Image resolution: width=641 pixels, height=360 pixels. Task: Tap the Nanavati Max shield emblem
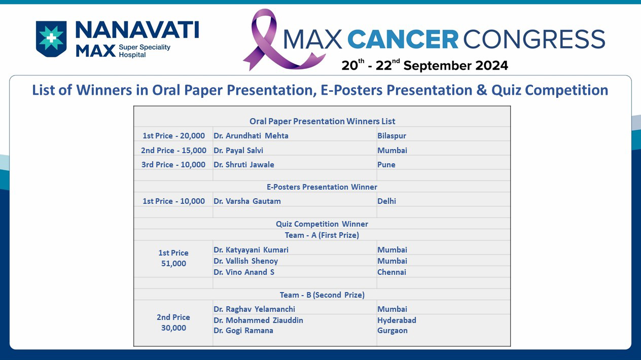(x=51, y=39)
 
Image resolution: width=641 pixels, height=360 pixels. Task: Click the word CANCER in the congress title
(x=403, y=39)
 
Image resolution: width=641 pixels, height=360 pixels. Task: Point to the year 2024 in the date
(x=491, y=65)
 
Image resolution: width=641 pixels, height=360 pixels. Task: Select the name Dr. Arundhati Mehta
(x=251, y=136)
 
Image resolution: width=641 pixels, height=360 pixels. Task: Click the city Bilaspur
(x=392, y=136)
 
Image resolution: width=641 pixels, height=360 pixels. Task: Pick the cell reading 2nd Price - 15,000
(x=174, y=150)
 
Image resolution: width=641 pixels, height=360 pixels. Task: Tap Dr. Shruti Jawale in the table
(x=244, y=165)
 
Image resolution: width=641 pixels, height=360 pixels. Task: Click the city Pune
(x=386, y=165)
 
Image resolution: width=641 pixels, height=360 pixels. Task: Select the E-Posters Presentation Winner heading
(x=322, y=187)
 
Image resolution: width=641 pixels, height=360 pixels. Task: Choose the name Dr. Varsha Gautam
(x=247, y=201)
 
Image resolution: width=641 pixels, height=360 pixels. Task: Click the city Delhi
(x=386, y=201)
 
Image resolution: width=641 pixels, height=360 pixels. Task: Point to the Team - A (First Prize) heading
(x=322, y=235)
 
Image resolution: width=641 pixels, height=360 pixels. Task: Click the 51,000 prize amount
(x=174, y=263)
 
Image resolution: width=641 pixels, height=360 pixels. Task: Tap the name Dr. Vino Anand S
(x=244, y=272)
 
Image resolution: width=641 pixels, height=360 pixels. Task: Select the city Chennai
(x=392, y=272)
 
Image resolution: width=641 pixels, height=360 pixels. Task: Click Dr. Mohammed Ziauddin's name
(x=259, y=320)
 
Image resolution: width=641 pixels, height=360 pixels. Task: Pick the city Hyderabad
(x=397, y=320)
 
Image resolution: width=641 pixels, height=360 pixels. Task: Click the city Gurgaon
(x=393, y=331)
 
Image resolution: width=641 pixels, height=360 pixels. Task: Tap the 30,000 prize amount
(x=174, y=328)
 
